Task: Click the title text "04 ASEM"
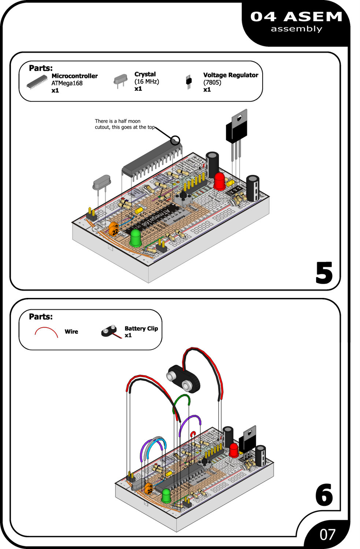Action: [x=296, y=17]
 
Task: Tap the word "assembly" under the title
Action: [x=296, y=29]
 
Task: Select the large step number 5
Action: [x=324, y=273]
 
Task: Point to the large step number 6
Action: [x=324, y=495]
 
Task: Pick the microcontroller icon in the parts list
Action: [x=37, y=82]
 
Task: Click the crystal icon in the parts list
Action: [x=120, y=80]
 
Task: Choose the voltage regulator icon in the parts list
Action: [x=189, y=82]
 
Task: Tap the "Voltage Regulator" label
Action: [x=230, y=75]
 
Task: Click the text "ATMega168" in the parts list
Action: [x=67, y=83]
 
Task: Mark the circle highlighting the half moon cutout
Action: [x=175, y=140]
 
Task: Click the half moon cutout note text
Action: [x=125, y=124]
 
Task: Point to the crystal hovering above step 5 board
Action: [x=101, y=182]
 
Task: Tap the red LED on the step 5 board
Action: [x=219, y=181]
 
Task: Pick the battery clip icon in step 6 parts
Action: [x=110, y=331]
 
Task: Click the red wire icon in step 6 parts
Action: [x=47, y=332]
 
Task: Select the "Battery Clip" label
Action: [x=141, y=329]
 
